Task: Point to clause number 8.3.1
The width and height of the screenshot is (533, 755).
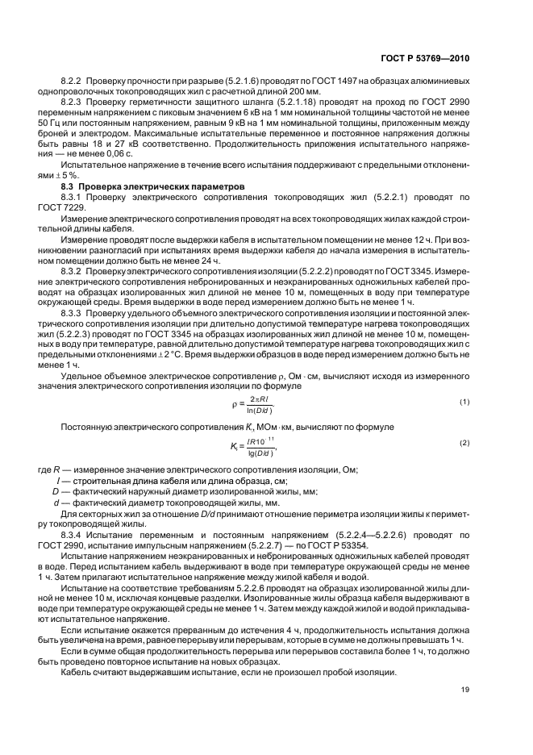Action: coord(73,196)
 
